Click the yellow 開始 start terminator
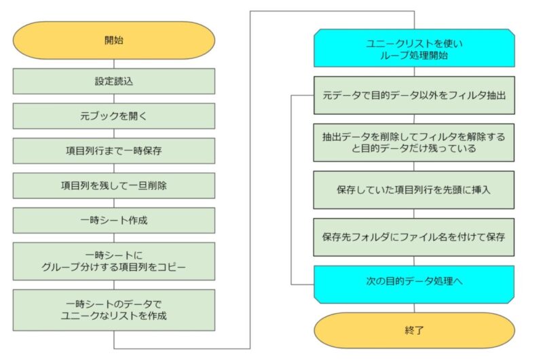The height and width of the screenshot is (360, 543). coord(114,40)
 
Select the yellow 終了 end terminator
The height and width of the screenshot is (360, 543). coord(414,330)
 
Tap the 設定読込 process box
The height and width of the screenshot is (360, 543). coord(114,81)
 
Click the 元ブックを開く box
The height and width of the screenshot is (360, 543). coord(114,115)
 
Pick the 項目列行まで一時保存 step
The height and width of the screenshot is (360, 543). coord(114,151)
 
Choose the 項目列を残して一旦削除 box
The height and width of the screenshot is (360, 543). coord(114,185)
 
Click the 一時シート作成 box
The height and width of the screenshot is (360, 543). coord(114,220)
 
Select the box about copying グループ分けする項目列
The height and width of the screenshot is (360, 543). coord(114,262)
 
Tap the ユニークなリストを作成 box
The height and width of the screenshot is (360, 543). coord(114,310)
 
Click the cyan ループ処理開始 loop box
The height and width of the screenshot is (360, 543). coord(414,48)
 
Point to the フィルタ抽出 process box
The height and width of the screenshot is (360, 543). coord(414,95)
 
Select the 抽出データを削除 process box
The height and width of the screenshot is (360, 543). coord(414,143)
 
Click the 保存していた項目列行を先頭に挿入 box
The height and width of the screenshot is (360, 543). coord(414,190)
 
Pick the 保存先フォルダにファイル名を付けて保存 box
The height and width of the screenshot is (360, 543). coord(414,237)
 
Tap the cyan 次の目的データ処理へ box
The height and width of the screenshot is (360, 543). coord(414,285)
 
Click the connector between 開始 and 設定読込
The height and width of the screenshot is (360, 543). coord(114,64)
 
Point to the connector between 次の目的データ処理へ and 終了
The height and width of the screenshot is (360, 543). coord(414,308)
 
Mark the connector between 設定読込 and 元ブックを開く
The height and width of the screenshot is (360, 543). coord(114,98)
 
